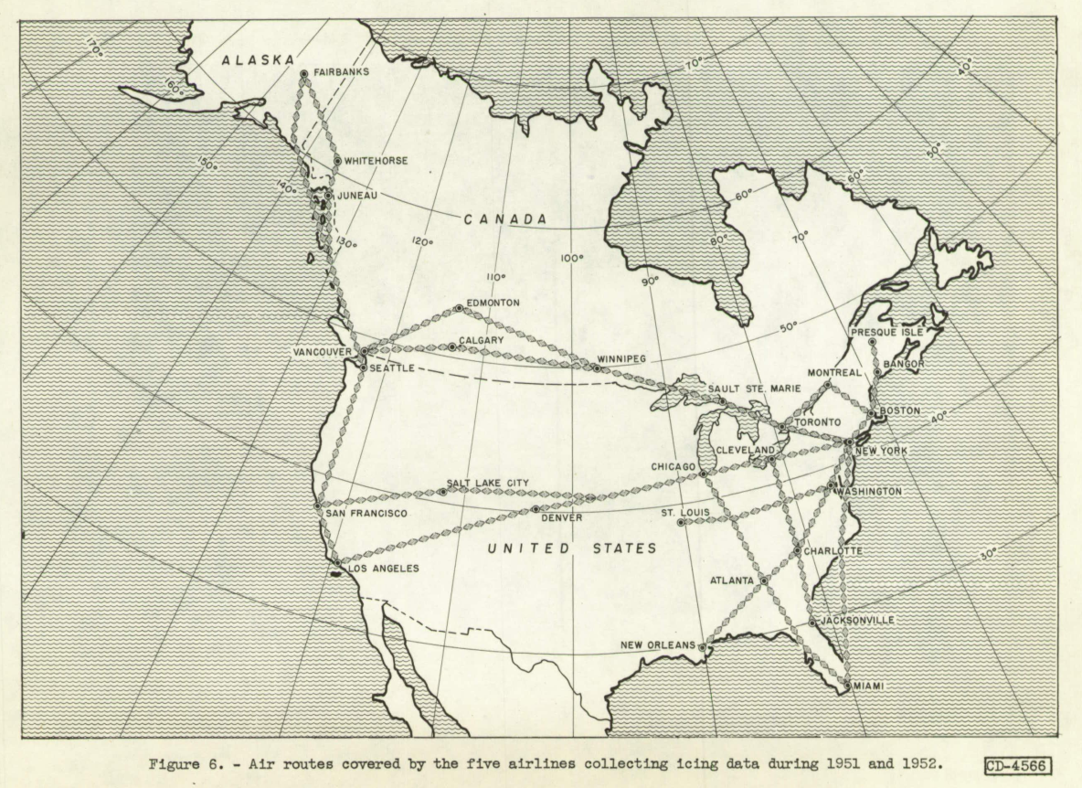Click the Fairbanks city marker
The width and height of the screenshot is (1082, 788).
pyautogui.click(x=303, y=74)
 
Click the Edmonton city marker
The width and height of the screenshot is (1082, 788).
pyautogui.click(x=460, y=308)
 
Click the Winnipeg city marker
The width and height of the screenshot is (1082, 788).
pyautogui.click(x=597, y=368)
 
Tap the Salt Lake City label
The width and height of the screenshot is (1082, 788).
pyautogui.click(x=488, y=483)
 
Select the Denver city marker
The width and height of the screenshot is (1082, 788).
pyautogui.click(x=536, y=509)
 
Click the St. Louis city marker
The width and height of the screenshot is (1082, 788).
pyautogui.click(x=680, y=523)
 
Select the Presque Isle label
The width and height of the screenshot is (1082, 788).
pyautogui.click(x=886, y=332)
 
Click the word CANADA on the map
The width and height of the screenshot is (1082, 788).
pyautogui.click(x=504, y=220)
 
